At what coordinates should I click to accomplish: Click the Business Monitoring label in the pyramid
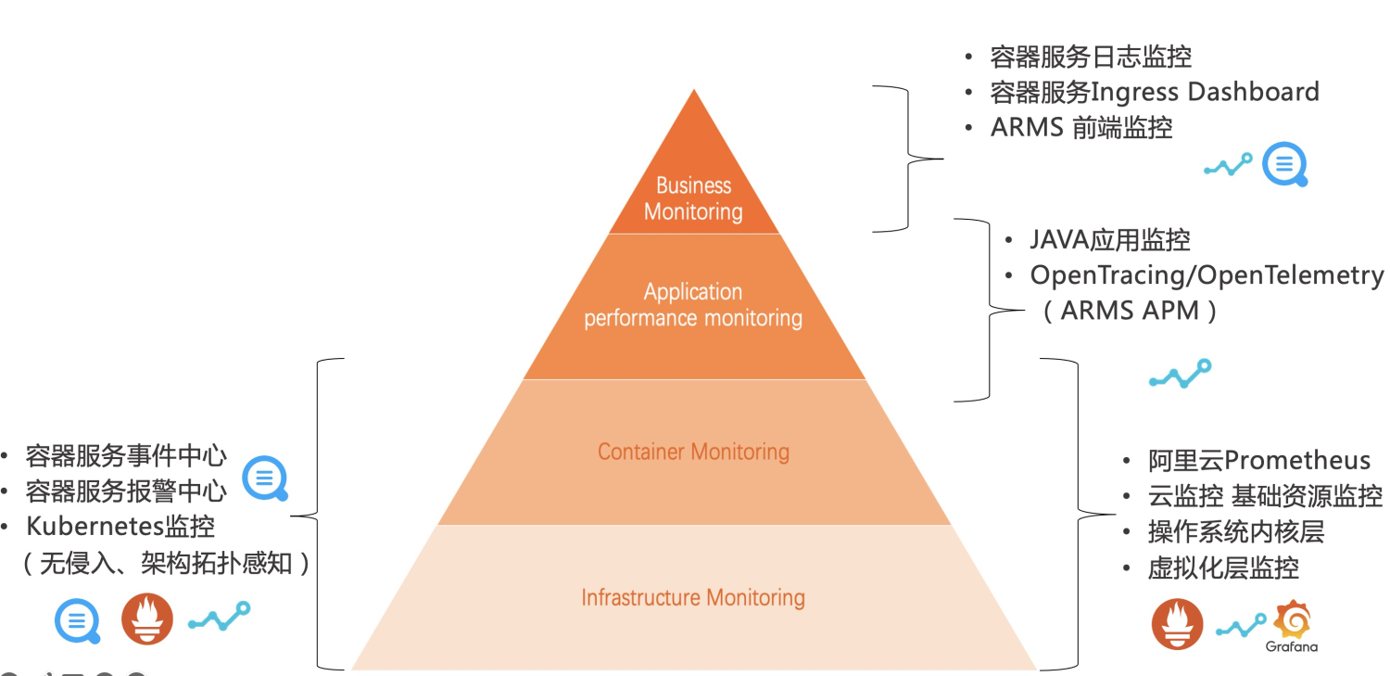(x=693, y=198)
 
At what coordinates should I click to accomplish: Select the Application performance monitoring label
(x=693, y=305)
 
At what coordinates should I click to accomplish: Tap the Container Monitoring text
(x=693, y=452)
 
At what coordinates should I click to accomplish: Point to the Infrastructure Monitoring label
(x=693, y=597)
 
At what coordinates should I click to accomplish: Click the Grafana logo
(x=1293, y=625)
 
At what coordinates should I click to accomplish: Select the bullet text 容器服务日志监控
(x=1091, y=57)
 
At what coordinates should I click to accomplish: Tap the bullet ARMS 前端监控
(x=1081, y=127)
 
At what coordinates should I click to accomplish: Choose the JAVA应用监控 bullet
(x=1110, y=240)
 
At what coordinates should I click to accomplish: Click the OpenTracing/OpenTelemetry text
(x=1207, y=275)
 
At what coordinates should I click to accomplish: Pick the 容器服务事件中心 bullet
(x=126, y=455)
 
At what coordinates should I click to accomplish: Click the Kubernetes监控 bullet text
(x=120, y=527)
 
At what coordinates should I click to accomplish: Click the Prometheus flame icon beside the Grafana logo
(x=1177, y=623)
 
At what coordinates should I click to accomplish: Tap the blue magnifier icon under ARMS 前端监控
(x=1285, y=165)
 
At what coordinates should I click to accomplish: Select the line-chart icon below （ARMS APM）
(x=1180, y=373)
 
